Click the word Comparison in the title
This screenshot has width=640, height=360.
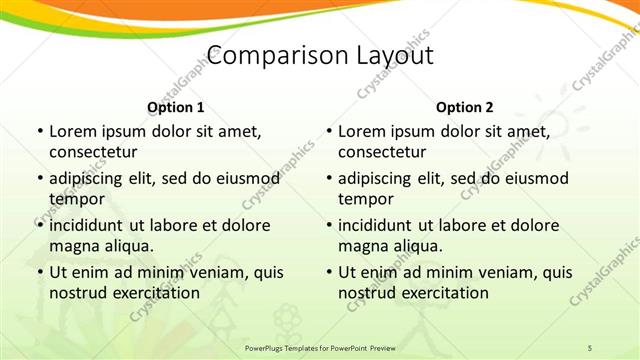[265, 56]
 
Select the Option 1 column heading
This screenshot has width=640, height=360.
[176, 107]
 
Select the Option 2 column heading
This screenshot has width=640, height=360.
[465, 107]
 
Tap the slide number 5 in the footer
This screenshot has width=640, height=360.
[590, 346]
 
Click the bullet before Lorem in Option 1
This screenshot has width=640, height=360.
[39, 132]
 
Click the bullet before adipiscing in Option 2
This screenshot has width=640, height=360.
[328, 179]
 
